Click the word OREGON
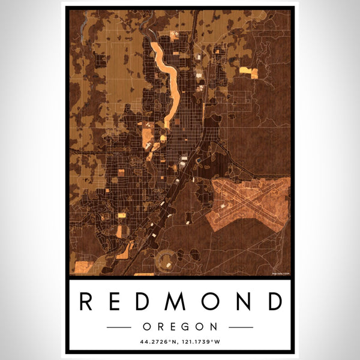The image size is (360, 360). click(179, 326)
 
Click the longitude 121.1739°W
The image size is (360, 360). click(205, 344)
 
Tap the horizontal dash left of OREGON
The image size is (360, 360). click(119, 327)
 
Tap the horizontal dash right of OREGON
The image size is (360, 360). click(241, 327)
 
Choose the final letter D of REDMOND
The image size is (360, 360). click(273, 301)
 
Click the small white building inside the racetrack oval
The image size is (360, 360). click(169, 263)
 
